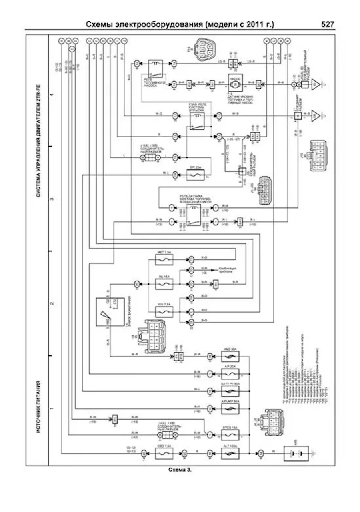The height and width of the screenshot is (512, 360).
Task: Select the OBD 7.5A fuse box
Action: (x=164, y=453)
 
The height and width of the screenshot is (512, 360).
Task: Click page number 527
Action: (x=328, y=24)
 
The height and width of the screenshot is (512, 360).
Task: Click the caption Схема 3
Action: (x=180, y=470)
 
